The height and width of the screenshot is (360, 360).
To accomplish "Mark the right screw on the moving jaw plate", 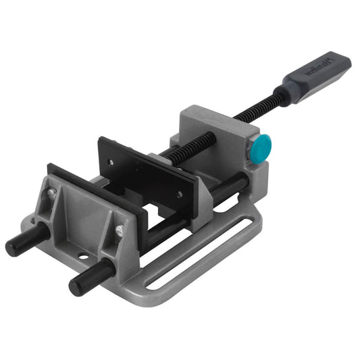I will point(179,194).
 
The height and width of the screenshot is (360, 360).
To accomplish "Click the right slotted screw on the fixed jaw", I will point(119,231).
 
